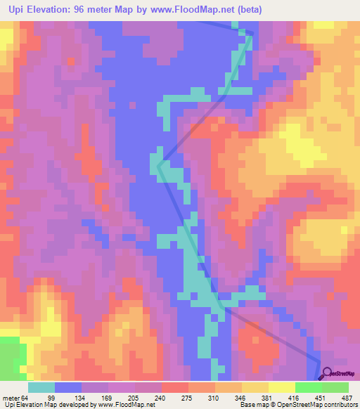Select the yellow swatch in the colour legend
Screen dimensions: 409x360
[x=281, y=388]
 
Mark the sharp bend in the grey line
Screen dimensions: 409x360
[x=160, y=166]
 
